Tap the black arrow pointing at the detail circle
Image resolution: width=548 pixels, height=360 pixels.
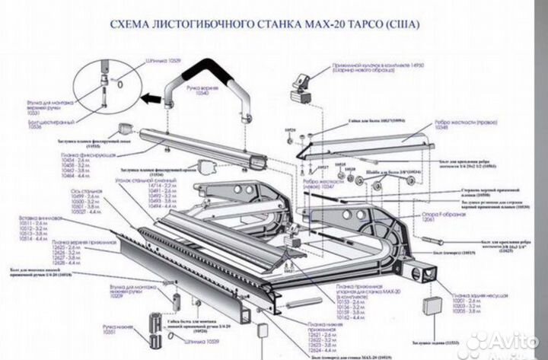(154, 97)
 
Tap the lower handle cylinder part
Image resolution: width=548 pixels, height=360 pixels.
(158, 327)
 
